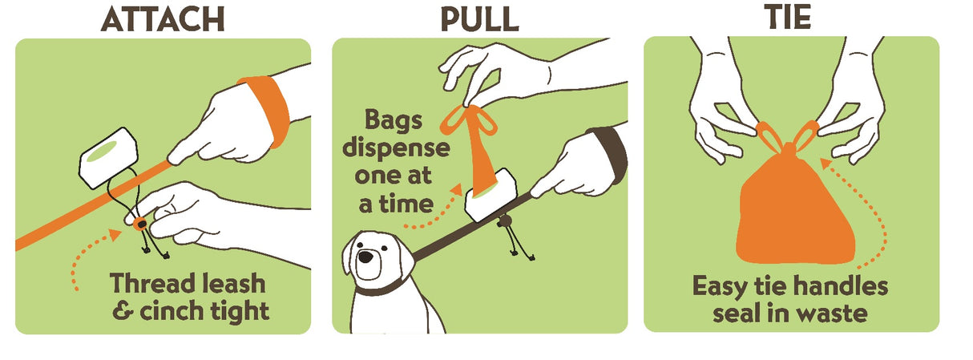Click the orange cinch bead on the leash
[x=140, y=224]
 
